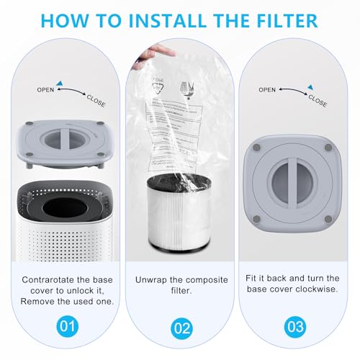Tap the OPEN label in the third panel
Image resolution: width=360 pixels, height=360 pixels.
click(267, 90)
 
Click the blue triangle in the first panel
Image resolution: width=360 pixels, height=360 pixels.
click(59, 84)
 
